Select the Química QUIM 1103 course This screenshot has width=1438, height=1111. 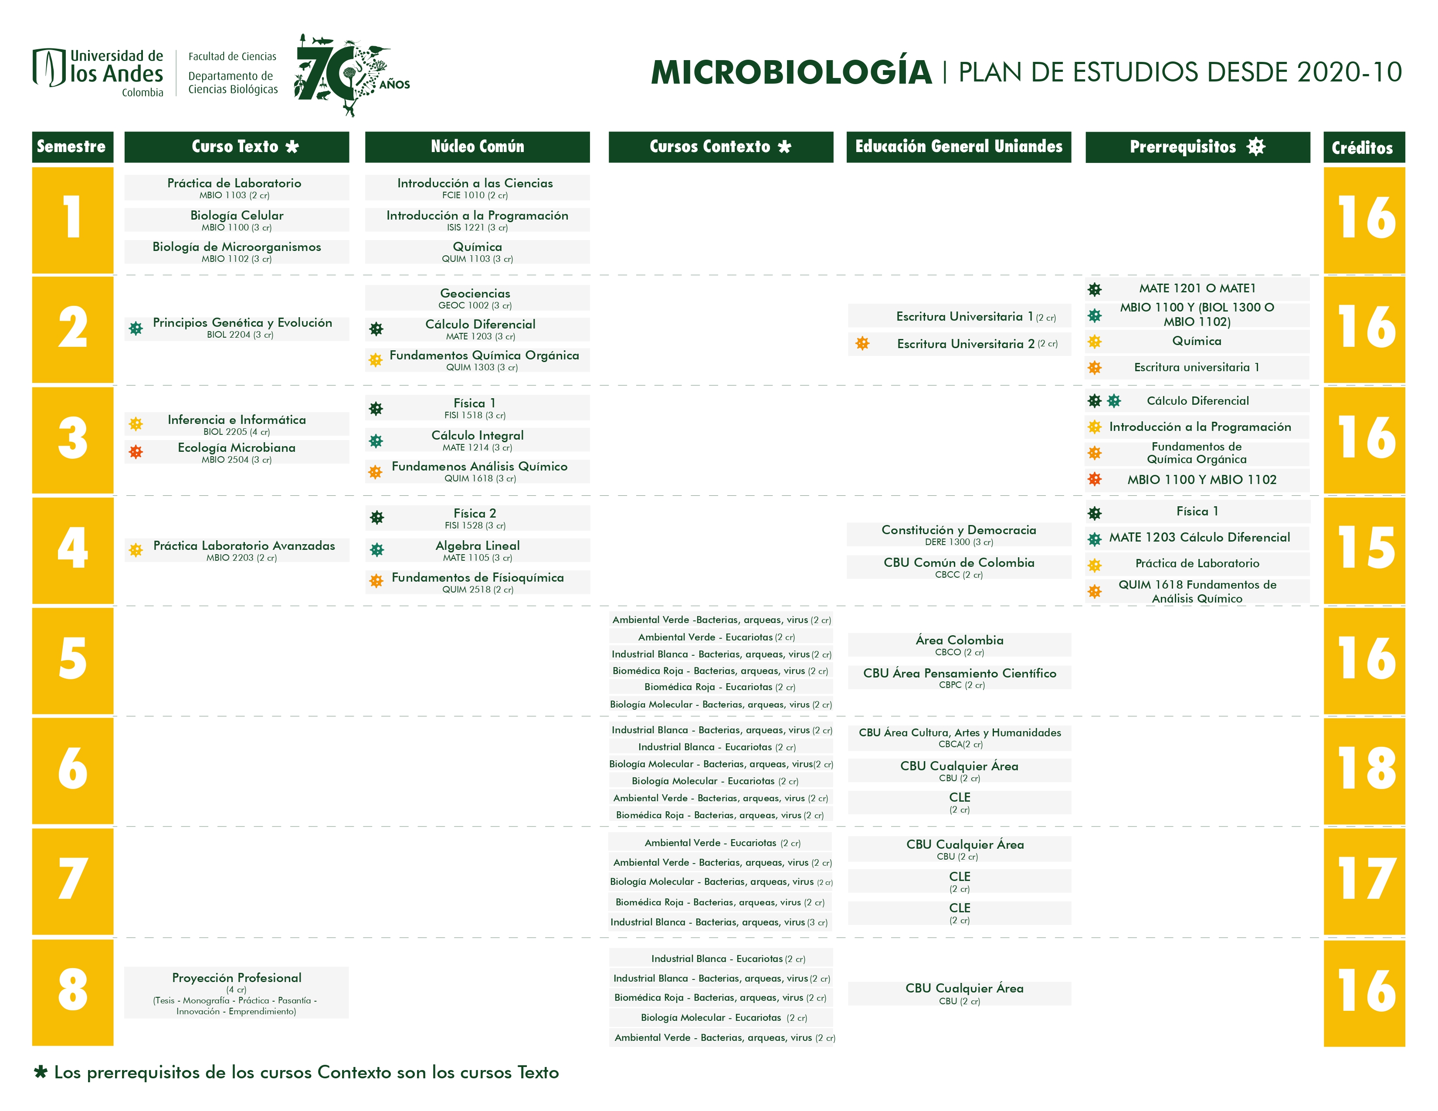(477, 251)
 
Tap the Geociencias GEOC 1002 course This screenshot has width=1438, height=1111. (475, 298)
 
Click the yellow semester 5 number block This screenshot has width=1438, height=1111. (72, 660)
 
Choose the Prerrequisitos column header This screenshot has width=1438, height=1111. (1197, 147)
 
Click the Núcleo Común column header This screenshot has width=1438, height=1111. (477, 147)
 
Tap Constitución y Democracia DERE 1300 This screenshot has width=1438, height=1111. (959, 535)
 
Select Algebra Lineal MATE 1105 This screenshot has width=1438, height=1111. (477, 550)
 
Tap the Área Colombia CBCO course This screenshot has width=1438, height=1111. (959, 644)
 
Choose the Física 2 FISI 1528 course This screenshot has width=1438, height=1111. (475, 517)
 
